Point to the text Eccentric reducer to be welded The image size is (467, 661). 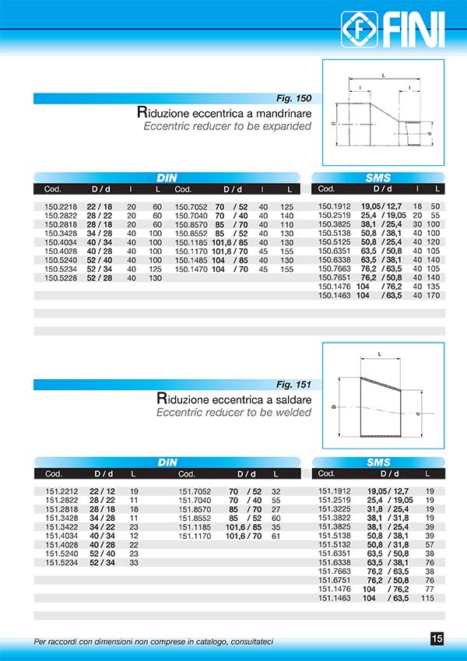tap(233, 412)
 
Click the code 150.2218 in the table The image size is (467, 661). tap(60, 206)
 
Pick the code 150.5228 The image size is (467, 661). tap(60, 278)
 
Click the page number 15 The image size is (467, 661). tap(437, 639)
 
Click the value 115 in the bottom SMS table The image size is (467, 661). tap(427, 598)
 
